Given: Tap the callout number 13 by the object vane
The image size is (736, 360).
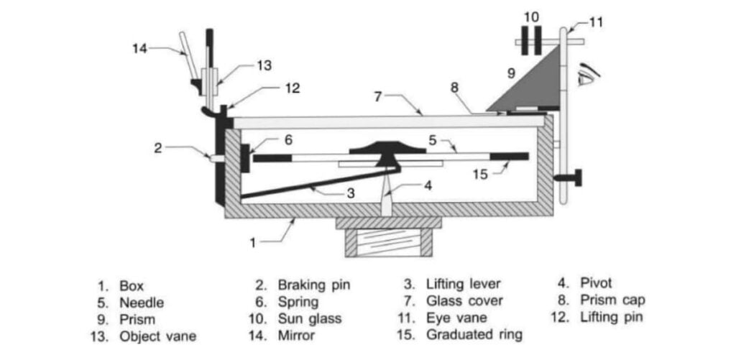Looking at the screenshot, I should [x=264, y=65].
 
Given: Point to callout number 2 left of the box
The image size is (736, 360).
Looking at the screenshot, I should [x=159, y=149].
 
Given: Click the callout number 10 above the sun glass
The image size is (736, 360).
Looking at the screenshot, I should [x=530, y=16].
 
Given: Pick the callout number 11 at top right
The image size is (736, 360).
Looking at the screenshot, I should [x=596, y=22].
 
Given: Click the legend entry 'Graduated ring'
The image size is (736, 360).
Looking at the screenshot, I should [x=474, y=335].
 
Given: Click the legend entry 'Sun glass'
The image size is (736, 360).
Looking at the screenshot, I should [x=299, y=318].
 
